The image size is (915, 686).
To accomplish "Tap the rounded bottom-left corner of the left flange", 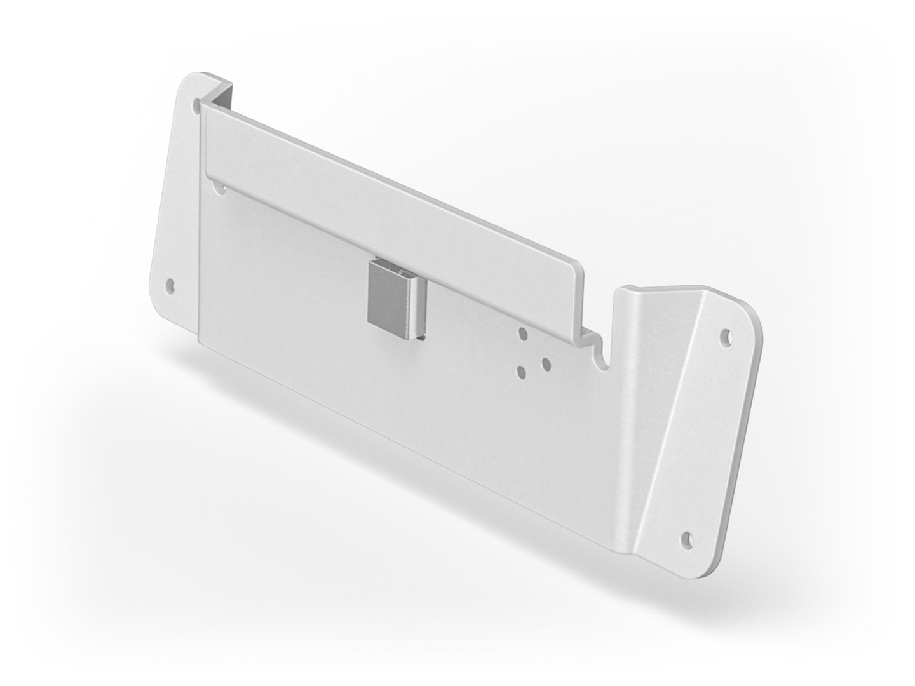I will [156, 305].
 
